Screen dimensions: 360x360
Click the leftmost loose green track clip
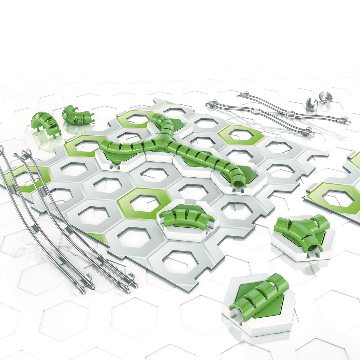[x=46, y=123]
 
